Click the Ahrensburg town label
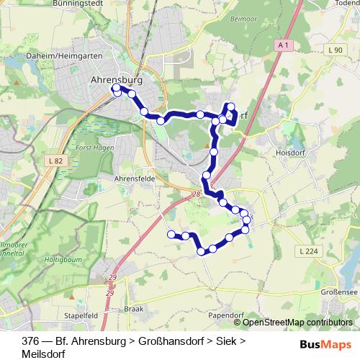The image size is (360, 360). (117, 80)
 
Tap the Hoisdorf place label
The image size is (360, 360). (292, 153)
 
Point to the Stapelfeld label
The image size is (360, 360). (81, 315)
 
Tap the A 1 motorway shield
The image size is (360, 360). (284, 45)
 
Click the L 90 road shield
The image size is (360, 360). (333, 50)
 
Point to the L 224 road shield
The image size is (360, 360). (307, 251)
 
